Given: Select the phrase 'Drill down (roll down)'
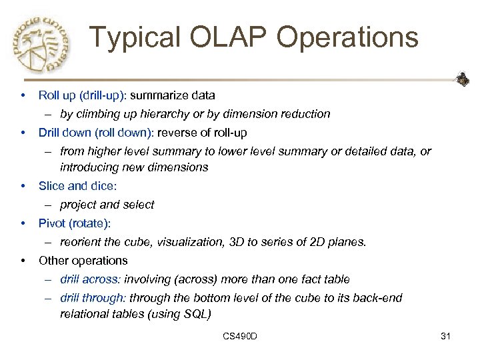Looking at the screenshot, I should tap(91, 133).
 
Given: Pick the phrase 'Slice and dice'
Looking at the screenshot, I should tap(71, 186).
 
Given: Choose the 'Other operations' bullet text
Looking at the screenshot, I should tap(83, 260).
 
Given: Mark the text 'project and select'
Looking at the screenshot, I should tap(107, 205).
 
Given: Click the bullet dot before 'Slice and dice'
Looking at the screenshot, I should tap(23, 186).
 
